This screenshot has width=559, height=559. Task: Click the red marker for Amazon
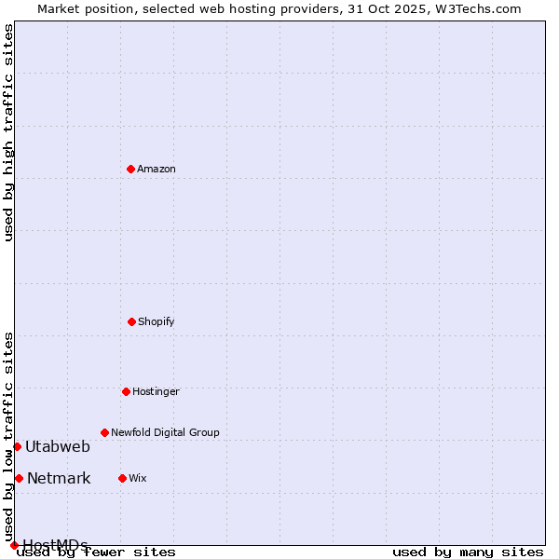point(130,169)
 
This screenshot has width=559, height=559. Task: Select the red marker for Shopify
point(131,321)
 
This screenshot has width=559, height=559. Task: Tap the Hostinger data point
point(126,391)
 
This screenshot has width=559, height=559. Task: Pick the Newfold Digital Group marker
point(104,432)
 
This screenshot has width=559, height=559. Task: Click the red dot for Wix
point(122,478)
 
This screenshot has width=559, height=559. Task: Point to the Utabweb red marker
point(17,446)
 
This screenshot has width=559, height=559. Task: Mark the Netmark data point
point(19,478)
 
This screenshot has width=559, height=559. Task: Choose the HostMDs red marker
point(14,545)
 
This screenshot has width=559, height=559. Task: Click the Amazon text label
point(157,169)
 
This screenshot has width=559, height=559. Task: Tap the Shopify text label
point(157,321)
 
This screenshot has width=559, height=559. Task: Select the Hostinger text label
point(156,391)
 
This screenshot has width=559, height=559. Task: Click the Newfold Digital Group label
point(165,432)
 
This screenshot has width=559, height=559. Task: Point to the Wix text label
point(138,478)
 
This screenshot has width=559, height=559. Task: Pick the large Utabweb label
point(58,446)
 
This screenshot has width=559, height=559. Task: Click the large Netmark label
point(59,479)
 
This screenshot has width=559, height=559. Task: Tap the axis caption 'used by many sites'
point(468,552)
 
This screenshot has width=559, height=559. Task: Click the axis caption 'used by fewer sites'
point(97,552)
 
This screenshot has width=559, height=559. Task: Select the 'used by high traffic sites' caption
point(8,132)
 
